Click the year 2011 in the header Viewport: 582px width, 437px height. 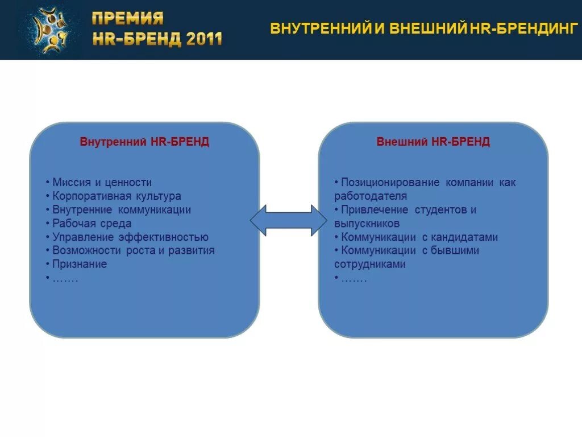203,39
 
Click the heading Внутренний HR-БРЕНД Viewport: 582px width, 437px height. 144,142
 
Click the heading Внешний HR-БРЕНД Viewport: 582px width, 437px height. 433,142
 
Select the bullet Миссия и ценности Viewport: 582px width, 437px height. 102,183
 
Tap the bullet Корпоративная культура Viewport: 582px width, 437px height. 117,196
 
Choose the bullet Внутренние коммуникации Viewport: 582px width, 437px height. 122,210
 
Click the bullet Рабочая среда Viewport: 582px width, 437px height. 92,224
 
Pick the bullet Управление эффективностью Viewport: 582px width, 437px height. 130,237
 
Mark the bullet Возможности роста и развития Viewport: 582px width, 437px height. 134,251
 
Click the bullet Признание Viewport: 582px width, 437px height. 80,265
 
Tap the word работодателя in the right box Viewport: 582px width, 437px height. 371,196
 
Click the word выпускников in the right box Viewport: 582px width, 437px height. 367,224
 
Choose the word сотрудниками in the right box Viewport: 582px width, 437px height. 370,265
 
